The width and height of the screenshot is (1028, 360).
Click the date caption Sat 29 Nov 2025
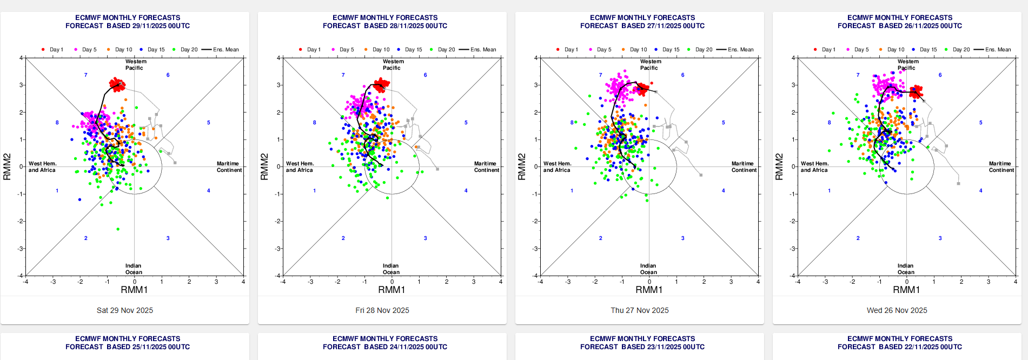pyautogui.click(x=125, y=310)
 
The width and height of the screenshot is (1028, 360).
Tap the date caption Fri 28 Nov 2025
pyautogui.click(x=382, y=310)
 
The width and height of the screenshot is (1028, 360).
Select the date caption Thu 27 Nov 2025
pyautogui.click(x=640, y=310)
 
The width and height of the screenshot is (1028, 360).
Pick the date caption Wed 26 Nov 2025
pyautogui.click(x=897, y=310)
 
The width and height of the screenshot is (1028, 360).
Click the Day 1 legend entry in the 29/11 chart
pyautogui.click(x=52, y=50)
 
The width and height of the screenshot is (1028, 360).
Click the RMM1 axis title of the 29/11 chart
pyautogui.click(x=134, y=290)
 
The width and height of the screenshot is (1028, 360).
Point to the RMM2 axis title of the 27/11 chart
pyautogui.click(x=522, y=166)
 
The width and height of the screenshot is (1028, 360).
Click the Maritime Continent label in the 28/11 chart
pyautogui.click(x=486, y=166)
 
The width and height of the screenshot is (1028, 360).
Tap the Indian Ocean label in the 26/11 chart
pyautogui.click(x=906, y=269)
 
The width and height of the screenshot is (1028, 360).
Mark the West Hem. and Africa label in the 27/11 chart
pyautogui.click(x=557, y=166)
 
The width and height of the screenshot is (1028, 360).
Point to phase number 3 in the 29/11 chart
pyautogui.click(x=168, y=238)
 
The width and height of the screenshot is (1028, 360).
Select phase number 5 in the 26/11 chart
pyautogui.click(x=980, y=123)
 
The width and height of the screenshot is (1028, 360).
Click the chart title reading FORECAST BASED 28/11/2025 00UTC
pyautogui.click(x=385, y=26)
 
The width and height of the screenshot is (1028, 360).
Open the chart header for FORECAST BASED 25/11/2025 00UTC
pyautogui.click(x=128, y=347)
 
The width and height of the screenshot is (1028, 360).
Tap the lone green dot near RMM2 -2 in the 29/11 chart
pyautogui.click(x=118, y=229)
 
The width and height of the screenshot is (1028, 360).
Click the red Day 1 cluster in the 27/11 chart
pyautogui.click(x=642, y=89)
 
